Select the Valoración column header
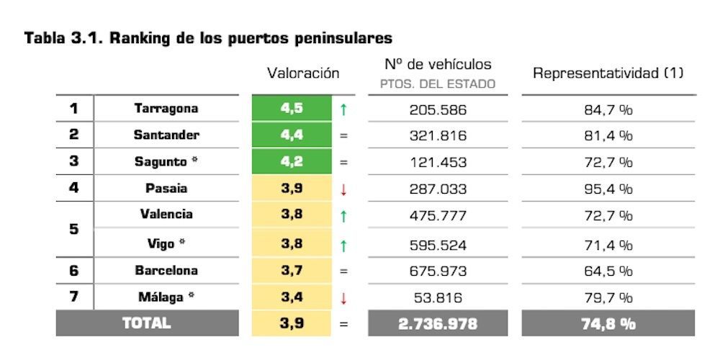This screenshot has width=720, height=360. click(302, 73)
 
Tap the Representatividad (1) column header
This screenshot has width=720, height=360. click(608, 73)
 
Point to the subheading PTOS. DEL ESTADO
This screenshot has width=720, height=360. click(438, 84)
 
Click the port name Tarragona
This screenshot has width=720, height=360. click(166, 109)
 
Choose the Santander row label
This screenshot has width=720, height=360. click(166, 135)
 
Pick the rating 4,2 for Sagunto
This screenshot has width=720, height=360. click(292, 161)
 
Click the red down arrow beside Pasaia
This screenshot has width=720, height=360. click(343, 189)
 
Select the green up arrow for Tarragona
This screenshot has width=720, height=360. click(343, 110)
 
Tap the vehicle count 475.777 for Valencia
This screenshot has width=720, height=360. click(438, 215)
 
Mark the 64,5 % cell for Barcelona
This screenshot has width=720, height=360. click(608, 271)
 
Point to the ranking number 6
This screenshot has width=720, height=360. click(73, 271)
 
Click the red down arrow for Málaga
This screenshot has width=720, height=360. click(343, 297)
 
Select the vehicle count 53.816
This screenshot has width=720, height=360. click(438, 297)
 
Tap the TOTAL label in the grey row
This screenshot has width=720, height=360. click(147, 323)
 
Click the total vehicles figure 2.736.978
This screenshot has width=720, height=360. click(438, 324)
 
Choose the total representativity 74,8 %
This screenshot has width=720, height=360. click(608, 324)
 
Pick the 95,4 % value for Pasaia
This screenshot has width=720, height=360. click(608, 189)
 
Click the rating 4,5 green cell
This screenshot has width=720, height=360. click(292, 109)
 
